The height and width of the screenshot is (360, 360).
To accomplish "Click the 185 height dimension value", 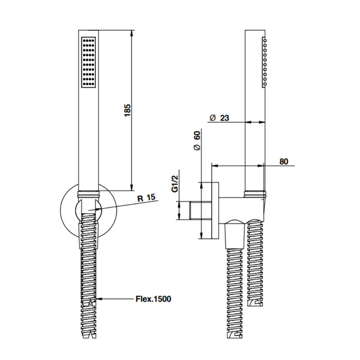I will coord(128,110).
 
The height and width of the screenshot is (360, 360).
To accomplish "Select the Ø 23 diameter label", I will coord(219,118).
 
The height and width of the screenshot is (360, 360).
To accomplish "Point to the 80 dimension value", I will coord(283,161).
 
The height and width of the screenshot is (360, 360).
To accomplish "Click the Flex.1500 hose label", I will coord(153,299).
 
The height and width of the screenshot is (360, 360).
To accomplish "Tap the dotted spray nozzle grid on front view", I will coord(89,62).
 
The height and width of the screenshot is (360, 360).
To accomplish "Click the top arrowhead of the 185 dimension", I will coord(132,33).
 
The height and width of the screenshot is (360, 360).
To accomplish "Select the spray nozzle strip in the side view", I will coord(264,62).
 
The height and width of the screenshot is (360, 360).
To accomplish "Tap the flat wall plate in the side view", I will coord(215,211).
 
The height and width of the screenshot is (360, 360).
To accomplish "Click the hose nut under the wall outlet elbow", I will coord(234,235).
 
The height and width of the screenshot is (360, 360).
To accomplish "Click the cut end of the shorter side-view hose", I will coord(255,303).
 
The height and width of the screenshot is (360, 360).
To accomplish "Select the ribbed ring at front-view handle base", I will coord(88,193).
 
